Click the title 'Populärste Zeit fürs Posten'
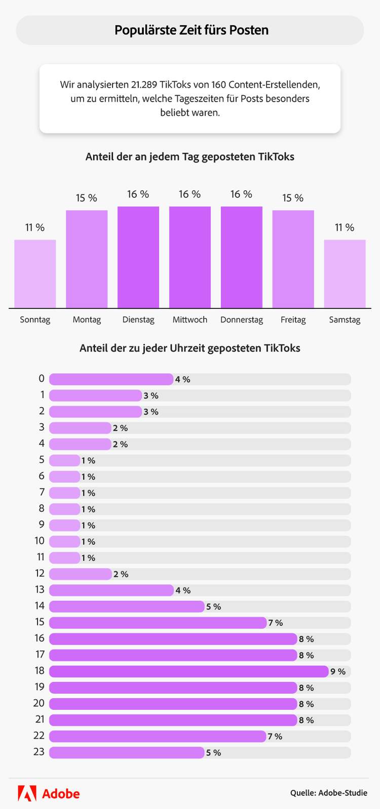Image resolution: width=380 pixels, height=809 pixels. pos(191,30)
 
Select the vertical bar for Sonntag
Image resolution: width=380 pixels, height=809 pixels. pos(35,273)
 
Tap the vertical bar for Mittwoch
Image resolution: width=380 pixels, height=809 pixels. pos(190,257)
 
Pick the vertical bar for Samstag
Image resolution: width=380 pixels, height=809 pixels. pos(345,273)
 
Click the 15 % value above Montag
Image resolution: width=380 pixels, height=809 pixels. pos(87,198)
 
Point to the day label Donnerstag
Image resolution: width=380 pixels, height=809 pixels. pos(242,320)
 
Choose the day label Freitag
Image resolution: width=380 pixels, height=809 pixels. pos(293,320)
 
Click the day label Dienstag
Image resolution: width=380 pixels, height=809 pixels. pos(138,320)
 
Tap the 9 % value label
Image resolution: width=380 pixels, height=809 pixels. pos(338,672)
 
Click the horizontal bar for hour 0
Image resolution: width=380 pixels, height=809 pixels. pos(111,379)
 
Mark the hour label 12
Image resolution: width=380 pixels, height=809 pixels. pos(40,574)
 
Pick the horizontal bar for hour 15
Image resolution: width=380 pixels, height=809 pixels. pos(158,623)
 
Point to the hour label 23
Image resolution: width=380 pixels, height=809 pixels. pos(39,752)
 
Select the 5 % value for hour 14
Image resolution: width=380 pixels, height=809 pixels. pos(213,606)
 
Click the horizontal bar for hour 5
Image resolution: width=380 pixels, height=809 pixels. pos(64,460)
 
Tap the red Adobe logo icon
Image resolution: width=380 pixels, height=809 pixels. pos(27,793)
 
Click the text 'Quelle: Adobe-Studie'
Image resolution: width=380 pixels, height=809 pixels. pos(328,793)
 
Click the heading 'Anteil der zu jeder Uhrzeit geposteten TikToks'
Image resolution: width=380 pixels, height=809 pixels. pos(190,348)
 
